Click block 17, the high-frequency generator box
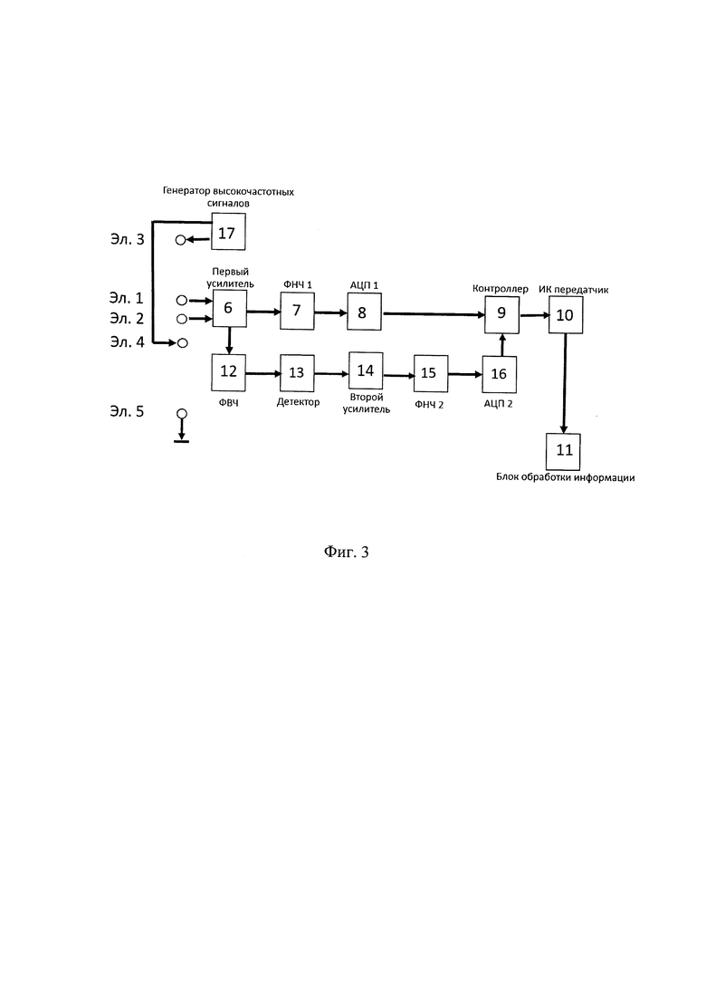(228, 232)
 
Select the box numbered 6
(228, 308)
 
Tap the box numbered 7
(297, 311)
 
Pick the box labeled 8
(364, 312)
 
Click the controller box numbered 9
(501, 313)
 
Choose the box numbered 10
(566, 315)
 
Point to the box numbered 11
(563, 450)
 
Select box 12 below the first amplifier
(228, 373)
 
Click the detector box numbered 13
(297, 373)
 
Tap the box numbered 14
(366, 370)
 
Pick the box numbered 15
(430, 373)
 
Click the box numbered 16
(499, 374)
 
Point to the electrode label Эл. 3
(127, 239)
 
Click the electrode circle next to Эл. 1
(181, 301)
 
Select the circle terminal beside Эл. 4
(183, 343)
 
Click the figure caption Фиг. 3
(347, 552)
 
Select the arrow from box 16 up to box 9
(501, 344)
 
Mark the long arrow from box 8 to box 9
(433, 313)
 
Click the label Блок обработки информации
(566, 478)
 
